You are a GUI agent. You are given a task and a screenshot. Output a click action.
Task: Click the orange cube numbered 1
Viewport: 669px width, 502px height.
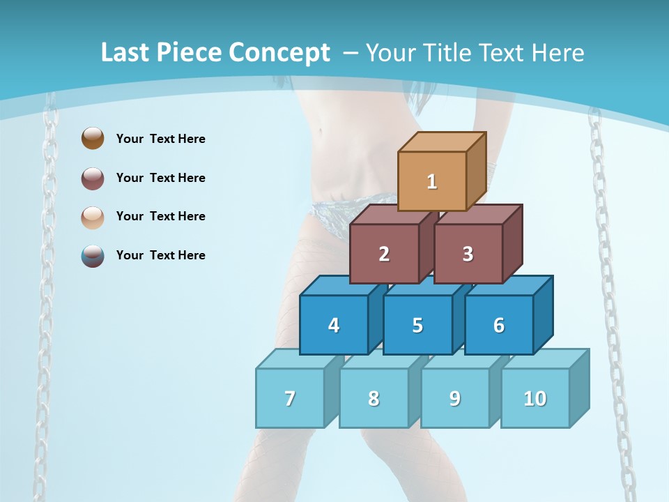coord(432,181)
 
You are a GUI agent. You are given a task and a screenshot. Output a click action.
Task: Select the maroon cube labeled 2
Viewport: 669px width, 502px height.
coord(384,254)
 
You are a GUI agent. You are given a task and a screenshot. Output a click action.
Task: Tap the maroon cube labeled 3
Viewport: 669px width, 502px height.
coord(468,254)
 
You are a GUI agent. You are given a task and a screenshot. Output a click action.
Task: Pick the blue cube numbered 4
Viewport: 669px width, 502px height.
coord(334,325)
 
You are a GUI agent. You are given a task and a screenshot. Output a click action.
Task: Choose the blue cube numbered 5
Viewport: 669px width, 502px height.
coord(417,325)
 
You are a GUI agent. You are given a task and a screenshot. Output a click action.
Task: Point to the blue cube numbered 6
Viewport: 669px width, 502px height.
coord(498,325)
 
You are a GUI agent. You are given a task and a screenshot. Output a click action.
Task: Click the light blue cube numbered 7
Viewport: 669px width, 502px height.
coord(290,398)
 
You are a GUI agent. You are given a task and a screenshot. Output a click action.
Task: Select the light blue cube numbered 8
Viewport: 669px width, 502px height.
coord(374,398)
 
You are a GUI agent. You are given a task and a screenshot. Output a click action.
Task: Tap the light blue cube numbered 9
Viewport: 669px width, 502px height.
coord(454,398)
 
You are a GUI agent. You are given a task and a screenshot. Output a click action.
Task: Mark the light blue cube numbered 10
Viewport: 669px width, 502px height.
coord(535,398)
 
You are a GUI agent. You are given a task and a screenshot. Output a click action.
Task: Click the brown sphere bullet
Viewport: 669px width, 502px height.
coord(93,138)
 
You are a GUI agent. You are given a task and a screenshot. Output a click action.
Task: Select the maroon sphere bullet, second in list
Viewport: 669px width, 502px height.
coord(93,178)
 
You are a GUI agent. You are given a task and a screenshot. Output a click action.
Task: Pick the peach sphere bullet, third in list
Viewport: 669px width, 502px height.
coord(93,217)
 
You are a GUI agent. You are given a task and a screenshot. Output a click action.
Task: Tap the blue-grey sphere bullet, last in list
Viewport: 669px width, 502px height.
coord(93,255)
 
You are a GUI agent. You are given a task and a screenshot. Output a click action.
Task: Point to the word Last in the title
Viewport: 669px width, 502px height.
coord(126,53)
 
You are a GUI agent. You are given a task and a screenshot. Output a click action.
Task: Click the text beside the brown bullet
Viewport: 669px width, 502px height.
coord(161,139)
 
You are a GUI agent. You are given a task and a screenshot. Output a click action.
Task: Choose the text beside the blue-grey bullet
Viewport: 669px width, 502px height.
coord(161,255)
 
